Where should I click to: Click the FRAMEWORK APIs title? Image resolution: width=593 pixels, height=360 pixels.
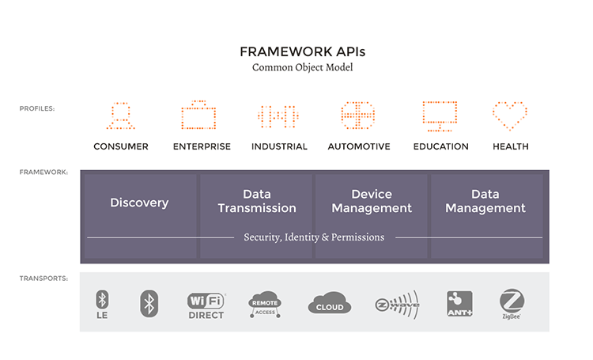click(x=303, y=52)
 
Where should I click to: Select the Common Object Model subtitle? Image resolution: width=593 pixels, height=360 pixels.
click(x=303, y=67)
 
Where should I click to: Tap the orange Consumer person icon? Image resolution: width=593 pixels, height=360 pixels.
click(x=121, y=116)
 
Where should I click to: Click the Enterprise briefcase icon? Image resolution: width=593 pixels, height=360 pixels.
click(x=198, y=115)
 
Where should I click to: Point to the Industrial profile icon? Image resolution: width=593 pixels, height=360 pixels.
click(x=278, y=116)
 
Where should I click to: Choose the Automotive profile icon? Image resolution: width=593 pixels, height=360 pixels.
click(x=357, y=115)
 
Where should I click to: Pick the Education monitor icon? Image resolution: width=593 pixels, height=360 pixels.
click(x=440, y=116)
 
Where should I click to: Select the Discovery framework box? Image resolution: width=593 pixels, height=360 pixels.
click(x=140, y=216)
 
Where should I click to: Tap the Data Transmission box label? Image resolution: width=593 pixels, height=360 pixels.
click(x=257, y=201)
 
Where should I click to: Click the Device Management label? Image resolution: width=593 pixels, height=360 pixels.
click(x=372, y=201)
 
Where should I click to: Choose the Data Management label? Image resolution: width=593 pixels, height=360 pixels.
click(x=485, y=201)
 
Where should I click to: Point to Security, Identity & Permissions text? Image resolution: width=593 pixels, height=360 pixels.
click(x=314, y=237)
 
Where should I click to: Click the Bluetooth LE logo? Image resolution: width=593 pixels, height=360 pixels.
click(x=102, y=305)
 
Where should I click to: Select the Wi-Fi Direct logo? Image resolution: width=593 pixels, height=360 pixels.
click(x=206, y=306)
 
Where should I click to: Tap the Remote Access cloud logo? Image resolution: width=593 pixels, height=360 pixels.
click(x=265, y=304)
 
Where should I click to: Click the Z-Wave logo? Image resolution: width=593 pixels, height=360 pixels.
click(x=397, y=305)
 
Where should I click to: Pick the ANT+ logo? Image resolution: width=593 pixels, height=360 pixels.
click(x=459, y=304)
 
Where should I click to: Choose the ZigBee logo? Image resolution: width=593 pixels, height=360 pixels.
click(x=512, y=304)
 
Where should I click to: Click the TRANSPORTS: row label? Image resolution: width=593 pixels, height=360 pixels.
click(x=43, y=279)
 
